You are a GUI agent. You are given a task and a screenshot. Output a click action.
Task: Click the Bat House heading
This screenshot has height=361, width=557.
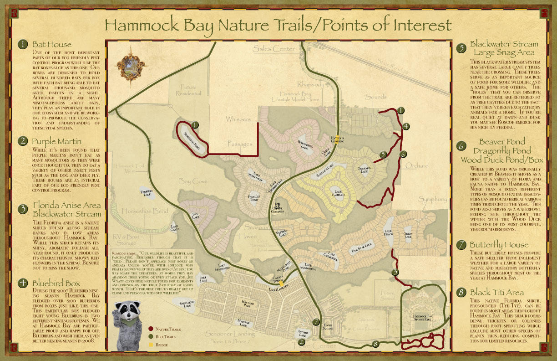52,44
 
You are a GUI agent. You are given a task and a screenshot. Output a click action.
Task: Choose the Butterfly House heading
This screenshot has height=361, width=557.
499,245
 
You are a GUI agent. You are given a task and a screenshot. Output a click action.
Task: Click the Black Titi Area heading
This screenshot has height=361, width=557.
496,292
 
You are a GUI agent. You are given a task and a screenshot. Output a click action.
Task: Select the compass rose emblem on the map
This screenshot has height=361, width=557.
130,63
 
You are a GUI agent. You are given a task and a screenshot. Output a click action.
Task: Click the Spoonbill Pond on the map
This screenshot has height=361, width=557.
191,137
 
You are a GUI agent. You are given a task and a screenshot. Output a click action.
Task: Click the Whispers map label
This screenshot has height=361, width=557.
238,119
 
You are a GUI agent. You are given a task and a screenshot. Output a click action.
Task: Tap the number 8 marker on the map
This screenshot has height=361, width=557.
375,344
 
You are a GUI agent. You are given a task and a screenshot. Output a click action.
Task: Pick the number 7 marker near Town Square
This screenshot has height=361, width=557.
316,322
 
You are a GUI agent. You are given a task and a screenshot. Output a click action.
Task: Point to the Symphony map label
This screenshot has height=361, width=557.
433,199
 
